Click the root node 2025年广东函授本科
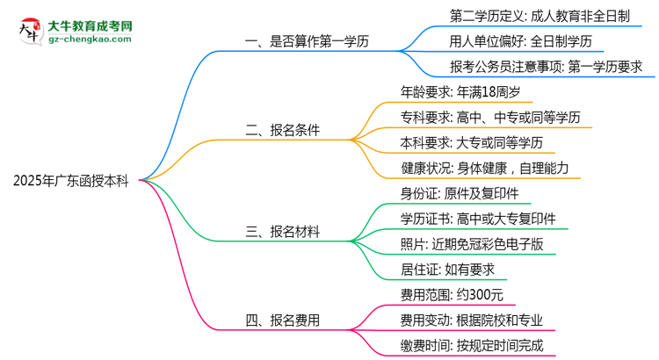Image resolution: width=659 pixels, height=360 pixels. coord(71,182)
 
